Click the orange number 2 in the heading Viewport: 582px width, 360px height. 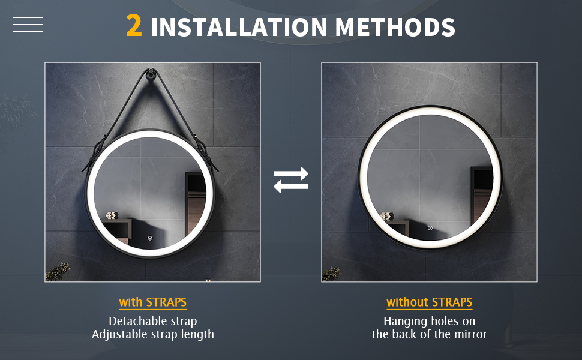tap(134, 26)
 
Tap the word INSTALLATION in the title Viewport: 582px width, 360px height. tap(239, 27)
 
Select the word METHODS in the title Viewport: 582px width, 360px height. tap(395, 27)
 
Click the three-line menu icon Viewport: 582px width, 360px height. tap(28, 25)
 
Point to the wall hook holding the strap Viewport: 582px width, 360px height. tap(151, 73)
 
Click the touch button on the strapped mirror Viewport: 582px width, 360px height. tap(150, 238)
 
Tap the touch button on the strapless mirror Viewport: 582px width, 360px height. tap(430, 228)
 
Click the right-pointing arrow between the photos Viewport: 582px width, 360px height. tap(291, 173)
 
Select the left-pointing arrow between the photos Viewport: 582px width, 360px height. tap(291, 187)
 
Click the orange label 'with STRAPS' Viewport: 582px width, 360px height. tap(153, 302)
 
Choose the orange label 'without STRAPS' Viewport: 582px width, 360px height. tap(430, 302)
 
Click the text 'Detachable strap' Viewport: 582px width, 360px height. tap(153, 321)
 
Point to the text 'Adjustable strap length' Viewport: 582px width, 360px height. tap(153, 334)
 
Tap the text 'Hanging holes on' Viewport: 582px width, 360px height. tap(430, 321)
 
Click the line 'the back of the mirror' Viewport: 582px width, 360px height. tap(430, 334)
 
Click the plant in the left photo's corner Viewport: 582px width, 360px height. tap(58, 272)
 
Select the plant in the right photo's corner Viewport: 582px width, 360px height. tap(331, 274)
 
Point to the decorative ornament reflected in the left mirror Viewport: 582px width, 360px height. tap(112, 215)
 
